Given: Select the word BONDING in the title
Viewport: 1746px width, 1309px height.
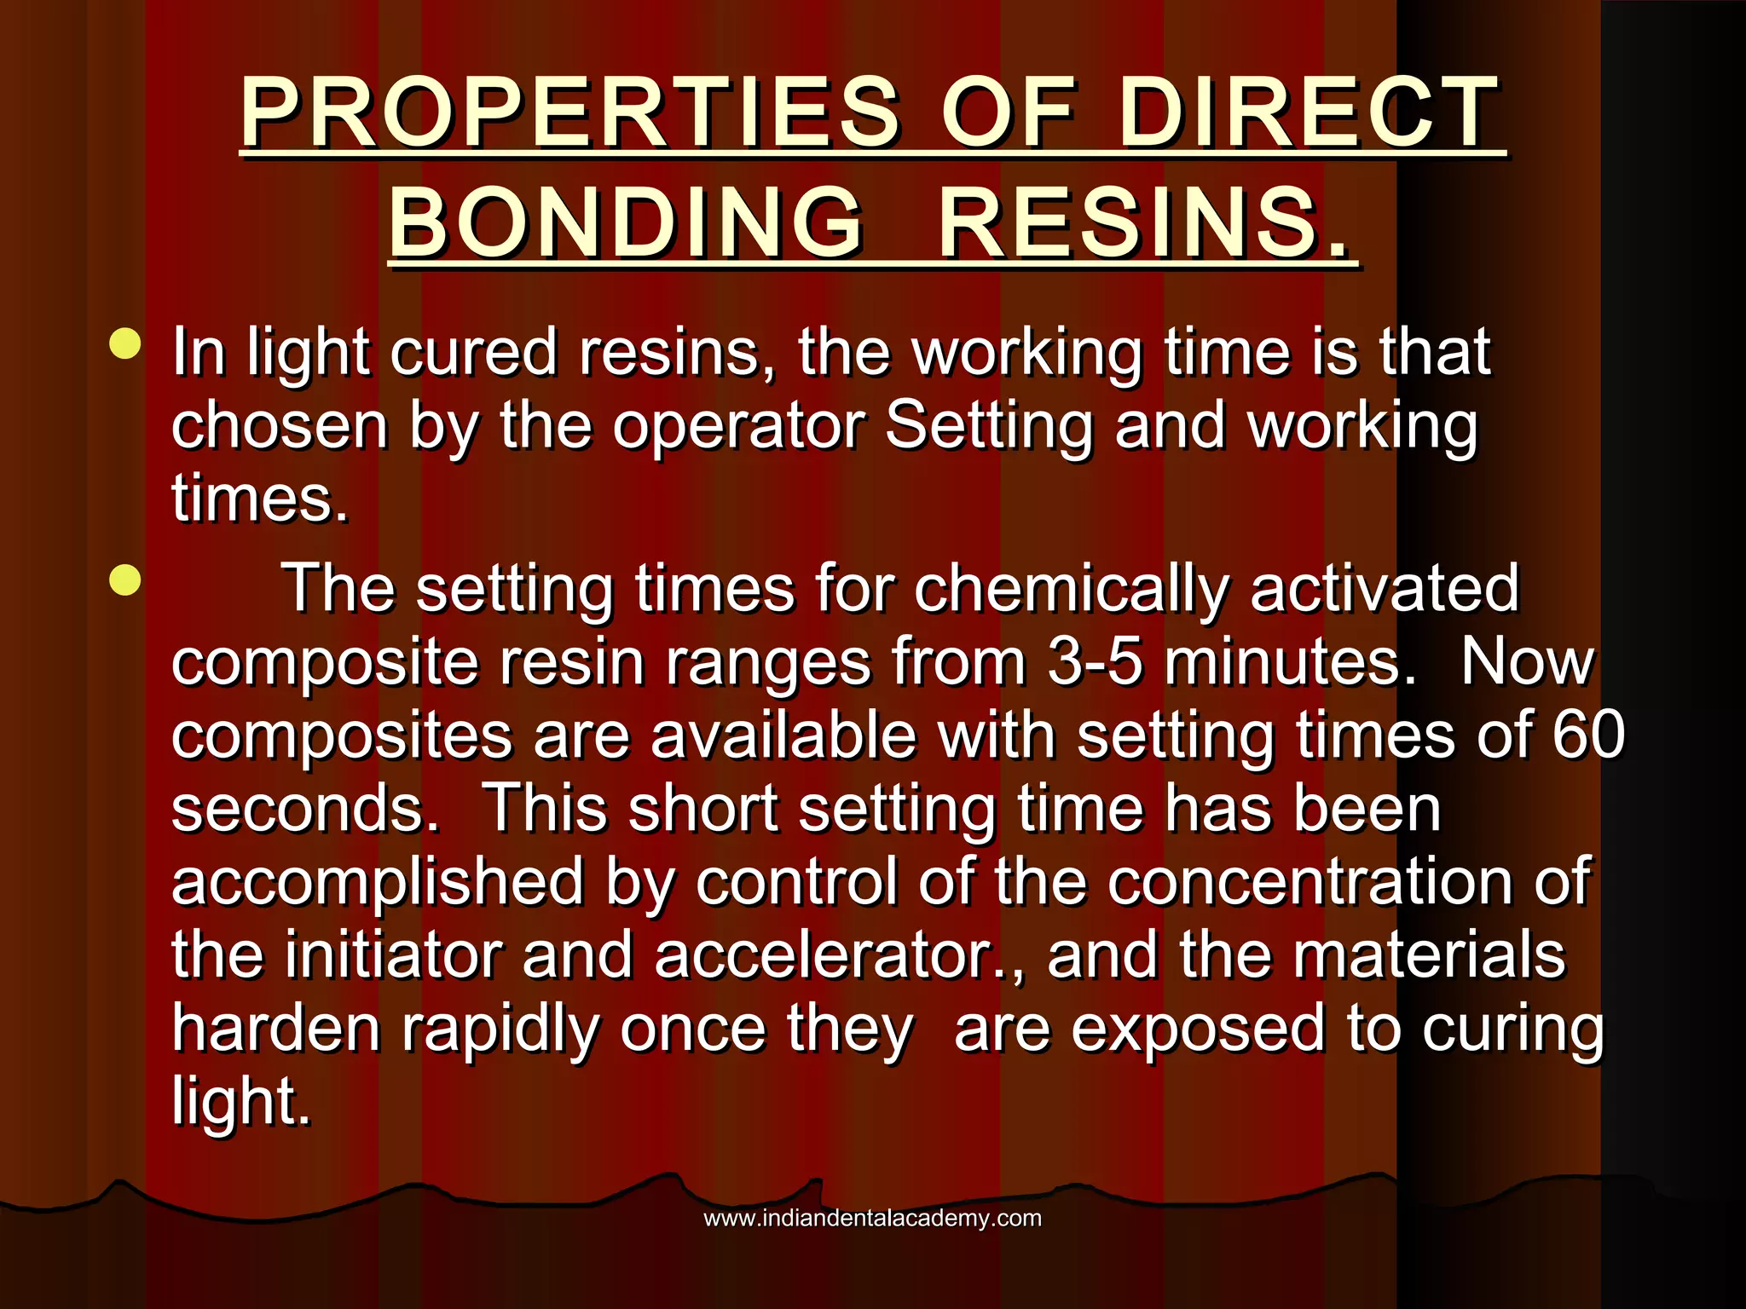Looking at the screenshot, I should pos(626,223).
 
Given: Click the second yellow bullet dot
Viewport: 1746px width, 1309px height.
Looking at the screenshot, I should pos(125,581).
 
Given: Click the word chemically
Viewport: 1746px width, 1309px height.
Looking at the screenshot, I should pos(1071,588).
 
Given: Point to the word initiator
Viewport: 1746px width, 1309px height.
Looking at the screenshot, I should pos(392,954).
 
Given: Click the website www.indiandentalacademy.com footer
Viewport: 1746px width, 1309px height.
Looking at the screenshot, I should pos(872,1218).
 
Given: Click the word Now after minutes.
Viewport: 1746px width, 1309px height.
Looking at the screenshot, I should pos(1526,661).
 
